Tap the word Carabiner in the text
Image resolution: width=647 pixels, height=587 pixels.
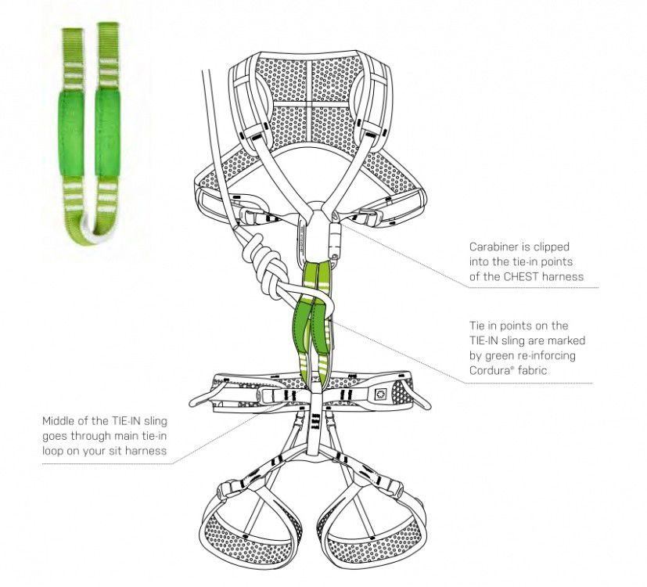[491, 246]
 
